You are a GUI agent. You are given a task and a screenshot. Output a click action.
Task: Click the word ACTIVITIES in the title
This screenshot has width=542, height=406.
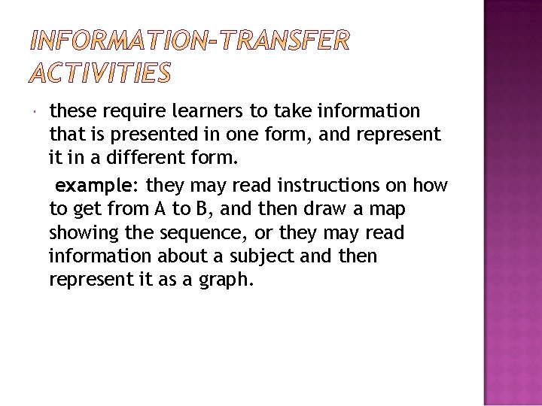pyautogui.click(x=100, y=73)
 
